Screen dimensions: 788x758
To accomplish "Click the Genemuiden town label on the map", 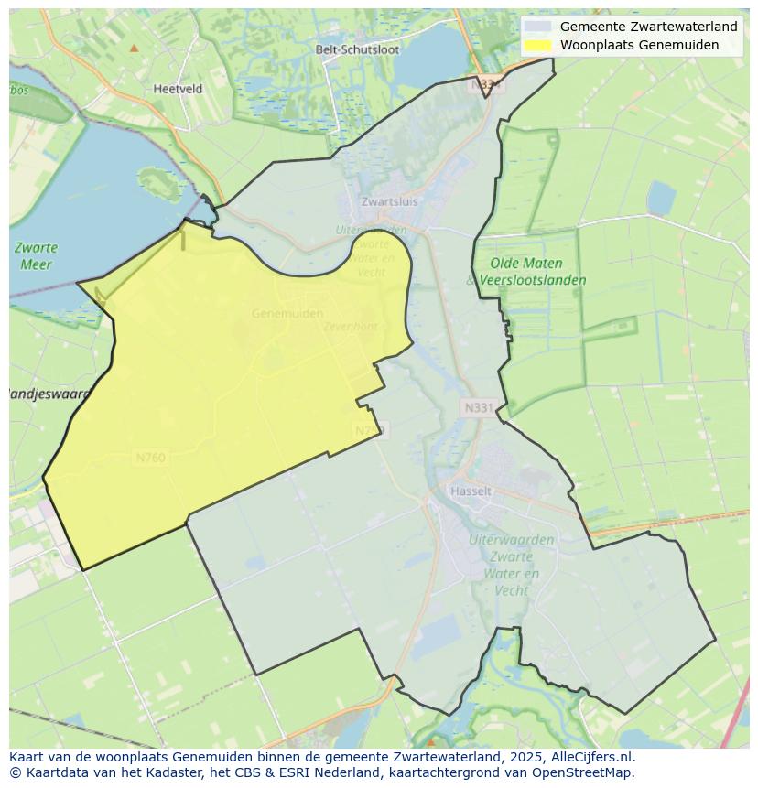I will click(287, 313).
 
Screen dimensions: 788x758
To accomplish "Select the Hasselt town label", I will click(471, 491).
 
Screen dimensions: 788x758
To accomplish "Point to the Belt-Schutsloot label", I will click(357, 49).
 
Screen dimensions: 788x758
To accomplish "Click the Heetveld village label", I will click(178, 89).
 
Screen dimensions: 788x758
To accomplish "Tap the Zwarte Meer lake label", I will click(37, 256).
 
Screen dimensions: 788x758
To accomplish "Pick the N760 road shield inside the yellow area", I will click(149, 458).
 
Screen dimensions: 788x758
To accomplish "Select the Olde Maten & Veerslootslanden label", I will click(526, 272).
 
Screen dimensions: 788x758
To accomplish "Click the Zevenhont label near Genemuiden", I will click(350, 326).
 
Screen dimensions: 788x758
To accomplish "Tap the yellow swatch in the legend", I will click(538, 45).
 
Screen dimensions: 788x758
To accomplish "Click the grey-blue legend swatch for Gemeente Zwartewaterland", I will click(538, 27).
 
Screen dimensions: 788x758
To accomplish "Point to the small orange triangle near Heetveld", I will click(135, 48).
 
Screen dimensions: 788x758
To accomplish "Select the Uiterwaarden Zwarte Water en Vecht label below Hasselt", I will click(511, 565).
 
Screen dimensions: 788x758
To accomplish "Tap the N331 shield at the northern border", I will click(488, 84).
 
